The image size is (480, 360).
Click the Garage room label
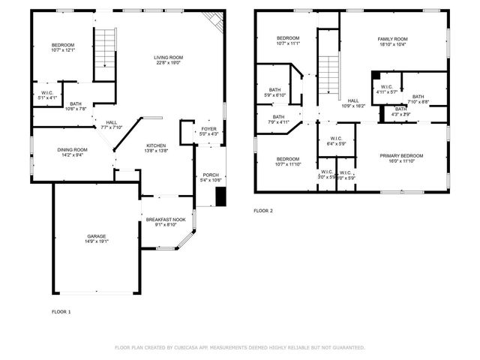[x=97, y=236]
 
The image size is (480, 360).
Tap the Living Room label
[x=169, y=58]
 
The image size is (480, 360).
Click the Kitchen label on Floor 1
[x=155, y=145]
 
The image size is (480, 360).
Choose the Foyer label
[x=208, y=129]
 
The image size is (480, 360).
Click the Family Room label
[x=392, y=38]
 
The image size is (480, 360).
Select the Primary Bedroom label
[x=401, y=155]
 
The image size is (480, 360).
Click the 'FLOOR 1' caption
[x=61, y=311]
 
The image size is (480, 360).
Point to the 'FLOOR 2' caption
[x=263, y=211]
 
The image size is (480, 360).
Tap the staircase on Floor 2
[x=328, y=75]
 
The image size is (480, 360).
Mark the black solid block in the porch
[x=220, y=196]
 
